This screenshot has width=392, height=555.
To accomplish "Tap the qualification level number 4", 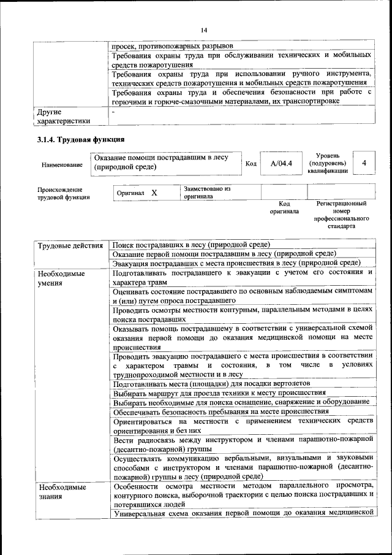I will click(x=364, y=163).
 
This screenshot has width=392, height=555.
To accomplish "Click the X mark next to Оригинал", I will click(x=154, y=193).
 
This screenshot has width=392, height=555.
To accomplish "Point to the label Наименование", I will click(x=62, y=165).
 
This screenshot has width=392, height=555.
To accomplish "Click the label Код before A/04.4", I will click(x=251, y=164).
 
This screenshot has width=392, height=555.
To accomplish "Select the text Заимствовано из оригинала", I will click(x=207, y=193).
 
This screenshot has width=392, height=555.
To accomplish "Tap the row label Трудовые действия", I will click(x=70, y=247).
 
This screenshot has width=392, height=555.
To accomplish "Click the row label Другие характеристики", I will click(x=64, y=117).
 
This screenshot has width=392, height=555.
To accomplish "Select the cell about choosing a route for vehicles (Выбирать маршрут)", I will click(x=219, y=392).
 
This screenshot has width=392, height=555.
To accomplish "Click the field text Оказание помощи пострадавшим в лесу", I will click(x=161, y=158).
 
